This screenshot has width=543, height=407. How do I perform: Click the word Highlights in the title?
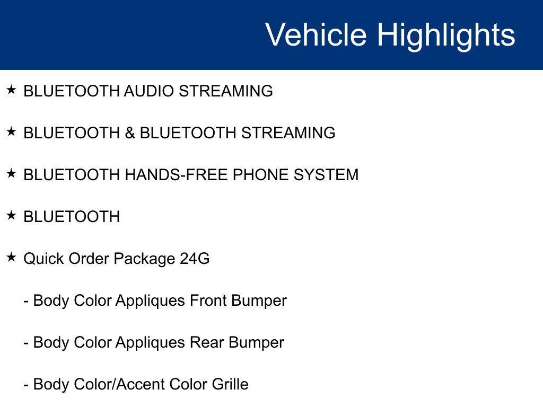point(446,36)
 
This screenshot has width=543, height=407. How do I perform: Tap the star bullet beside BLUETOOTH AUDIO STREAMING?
point(11,90)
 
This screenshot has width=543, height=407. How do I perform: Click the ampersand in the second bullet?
point(130,133)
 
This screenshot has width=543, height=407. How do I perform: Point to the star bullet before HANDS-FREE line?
point(11,174)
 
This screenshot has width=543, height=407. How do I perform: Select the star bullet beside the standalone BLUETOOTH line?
point(11,216)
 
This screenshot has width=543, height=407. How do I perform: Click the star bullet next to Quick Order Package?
point(11,258)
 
